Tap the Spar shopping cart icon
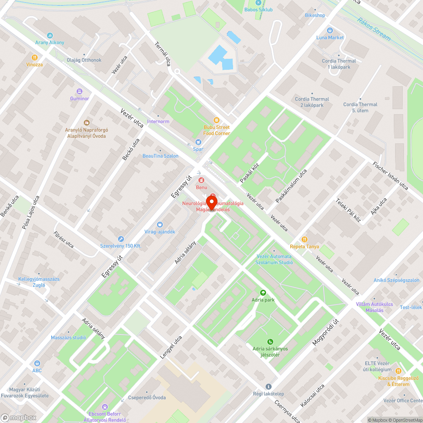tap(198, 142)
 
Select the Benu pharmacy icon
tap(201, 181)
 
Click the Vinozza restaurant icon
tap(34, 58)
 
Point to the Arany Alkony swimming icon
tap(50, 36)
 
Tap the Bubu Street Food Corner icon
tap(217, 120)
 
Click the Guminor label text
tap(80, 99)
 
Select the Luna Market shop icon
tap(330, 30)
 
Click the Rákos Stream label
tap(374, 29)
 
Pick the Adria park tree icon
tap(263, 293)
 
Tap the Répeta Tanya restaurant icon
tap(305, 239)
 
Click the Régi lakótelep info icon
tap(268, 387)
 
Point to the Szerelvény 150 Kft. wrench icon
tap(121, 239)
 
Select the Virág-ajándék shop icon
tap(160, 225)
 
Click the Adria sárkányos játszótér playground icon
tap(270, 342)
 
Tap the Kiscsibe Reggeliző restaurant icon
tap(398, 371)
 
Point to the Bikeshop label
tap(315, 15)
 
